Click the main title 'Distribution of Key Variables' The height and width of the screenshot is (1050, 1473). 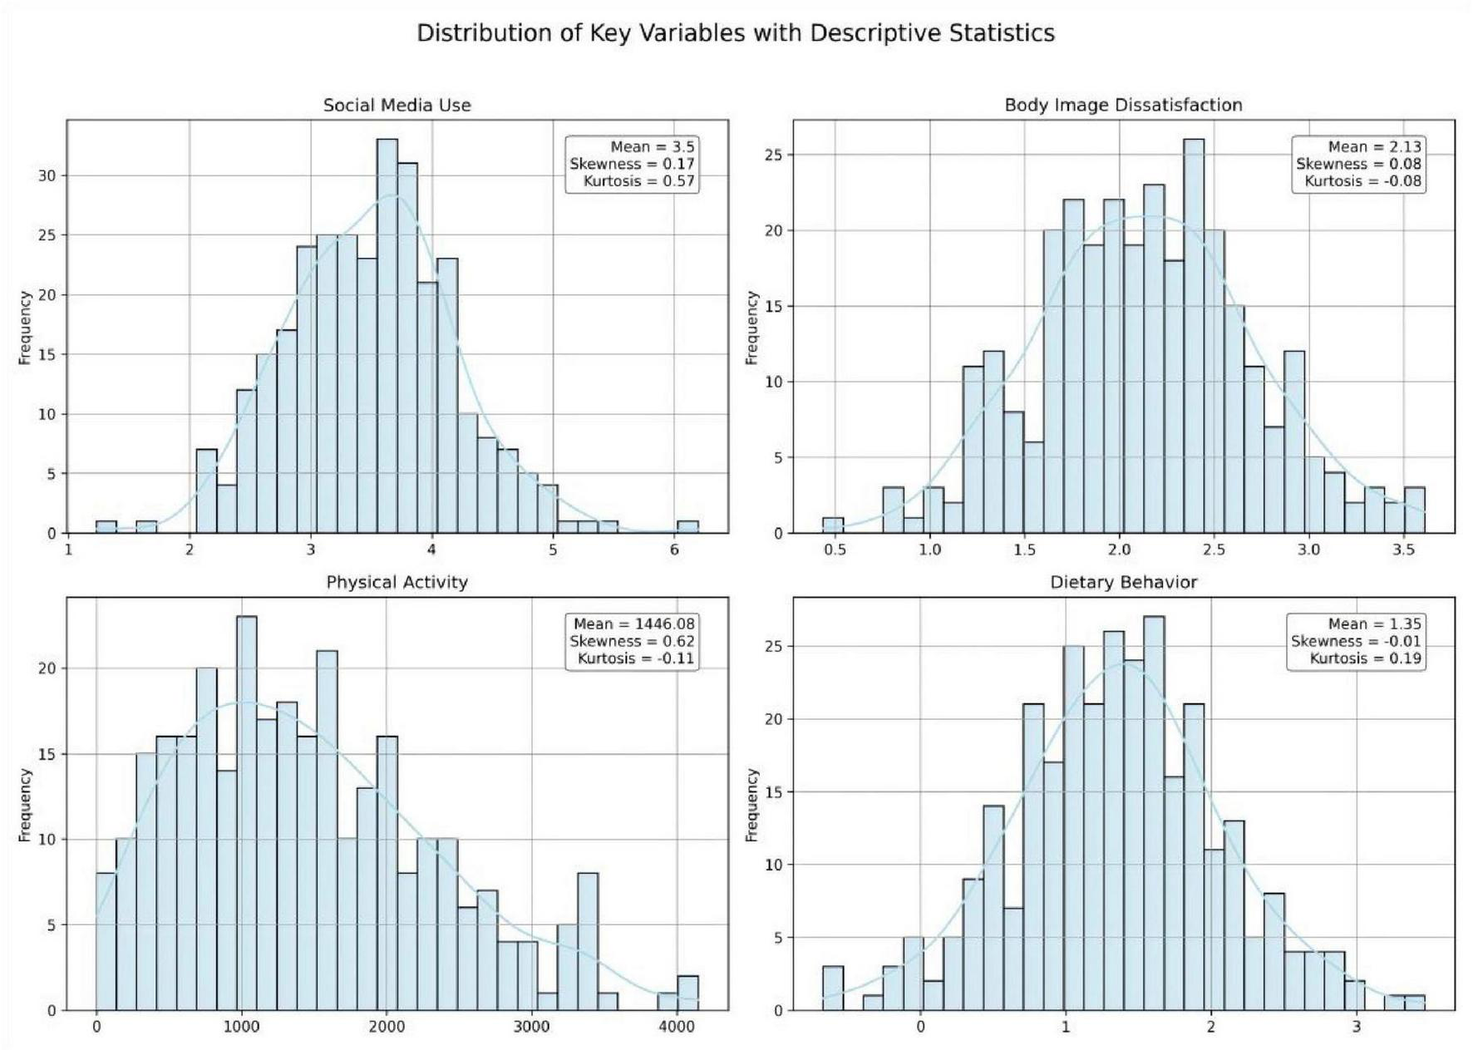735,33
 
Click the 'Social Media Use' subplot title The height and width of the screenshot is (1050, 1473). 397,106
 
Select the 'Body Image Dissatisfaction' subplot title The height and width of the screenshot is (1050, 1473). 1123,106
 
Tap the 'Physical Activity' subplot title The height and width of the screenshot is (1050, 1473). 397,582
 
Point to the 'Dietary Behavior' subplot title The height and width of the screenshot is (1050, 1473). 1123,582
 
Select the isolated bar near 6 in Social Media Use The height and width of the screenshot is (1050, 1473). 687,526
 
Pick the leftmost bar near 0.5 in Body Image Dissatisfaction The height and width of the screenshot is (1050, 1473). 833,525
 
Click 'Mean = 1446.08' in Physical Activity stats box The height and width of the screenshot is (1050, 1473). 633,624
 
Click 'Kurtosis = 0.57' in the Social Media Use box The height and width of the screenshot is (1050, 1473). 638,181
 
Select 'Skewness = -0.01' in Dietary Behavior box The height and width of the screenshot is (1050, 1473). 1356,641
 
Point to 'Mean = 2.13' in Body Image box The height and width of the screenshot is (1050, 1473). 1374,146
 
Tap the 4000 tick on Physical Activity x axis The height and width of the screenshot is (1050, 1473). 676,1027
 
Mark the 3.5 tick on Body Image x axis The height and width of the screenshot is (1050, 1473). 1403,550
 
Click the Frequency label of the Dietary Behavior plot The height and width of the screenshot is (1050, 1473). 751,804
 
